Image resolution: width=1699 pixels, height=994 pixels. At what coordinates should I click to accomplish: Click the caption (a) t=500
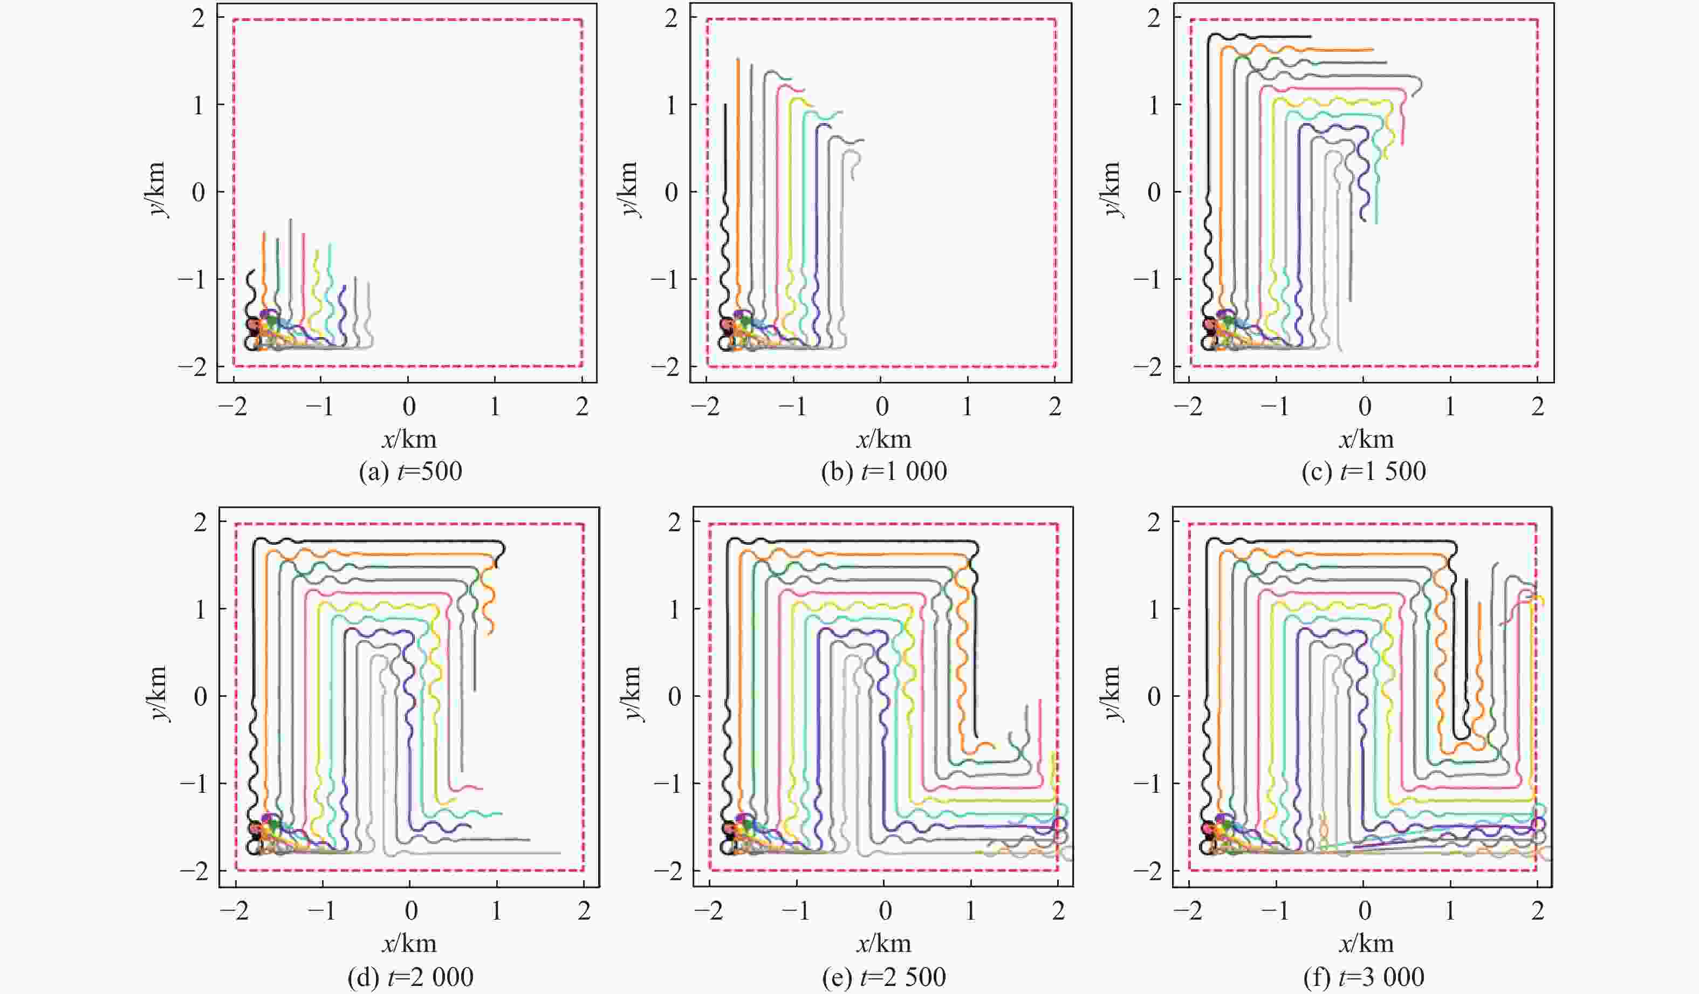(x=410, y=471)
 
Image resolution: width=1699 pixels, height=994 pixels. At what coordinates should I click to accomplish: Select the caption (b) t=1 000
(x=883, y=471)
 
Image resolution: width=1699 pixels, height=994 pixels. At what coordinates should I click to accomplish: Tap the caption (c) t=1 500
(x=1364, y=471)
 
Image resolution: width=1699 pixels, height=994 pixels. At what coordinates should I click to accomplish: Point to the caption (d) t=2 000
(x=410, y=976)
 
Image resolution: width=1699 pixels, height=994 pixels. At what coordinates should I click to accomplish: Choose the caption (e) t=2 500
(x=883, y=976)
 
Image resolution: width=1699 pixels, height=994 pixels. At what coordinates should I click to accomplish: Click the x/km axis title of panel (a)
(x=409, y=440)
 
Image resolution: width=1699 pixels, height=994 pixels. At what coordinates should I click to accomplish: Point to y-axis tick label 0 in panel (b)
(x=672, y=192)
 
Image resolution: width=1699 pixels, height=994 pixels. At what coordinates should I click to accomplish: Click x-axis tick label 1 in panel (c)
(x=1450, y=407)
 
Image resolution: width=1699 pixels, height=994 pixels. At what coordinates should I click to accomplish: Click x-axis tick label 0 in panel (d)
(x=410, y=911)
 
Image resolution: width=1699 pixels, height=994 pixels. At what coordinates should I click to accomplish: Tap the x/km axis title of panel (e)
(x=883, y=944)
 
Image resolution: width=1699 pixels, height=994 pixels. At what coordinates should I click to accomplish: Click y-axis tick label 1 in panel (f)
(x=1154, y=609)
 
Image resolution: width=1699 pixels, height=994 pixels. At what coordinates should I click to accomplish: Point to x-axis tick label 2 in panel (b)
(x=1055, y=407)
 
